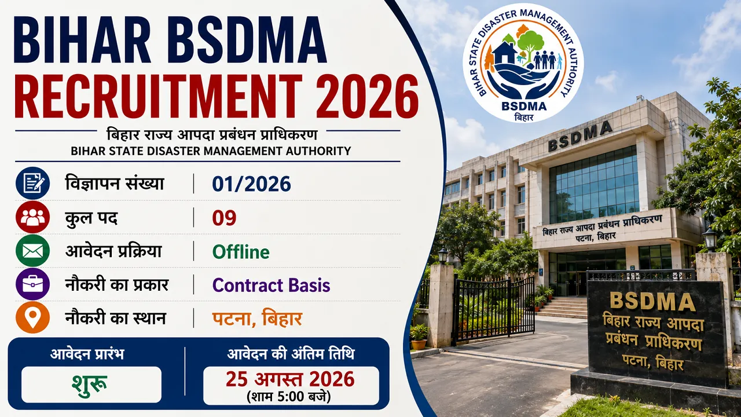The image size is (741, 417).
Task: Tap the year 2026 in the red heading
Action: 367,96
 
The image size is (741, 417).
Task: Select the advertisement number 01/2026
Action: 251,184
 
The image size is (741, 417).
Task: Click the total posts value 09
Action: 224,218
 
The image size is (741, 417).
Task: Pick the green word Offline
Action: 241,252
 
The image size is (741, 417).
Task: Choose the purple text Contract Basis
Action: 272,286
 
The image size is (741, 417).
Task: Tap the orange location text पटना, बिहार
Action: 257,319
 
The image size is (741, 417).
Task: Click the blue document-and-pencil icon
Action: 32,184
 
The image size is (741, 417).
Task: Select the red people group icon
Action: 32,217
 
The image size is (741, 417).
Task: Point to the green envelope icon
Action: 32,251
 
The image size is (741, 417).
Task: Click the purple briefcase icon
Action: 32,284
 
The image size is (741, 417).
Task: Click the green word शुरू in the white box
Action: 89,383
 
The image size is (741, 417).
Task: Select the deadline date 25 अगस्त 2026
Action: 290,379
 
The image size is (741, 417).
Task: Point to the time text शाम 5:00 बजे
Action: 288,397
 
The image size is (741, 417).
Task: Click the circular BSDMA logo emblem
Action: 524,63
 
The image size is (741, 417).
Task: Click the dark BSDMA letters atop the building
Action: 580,136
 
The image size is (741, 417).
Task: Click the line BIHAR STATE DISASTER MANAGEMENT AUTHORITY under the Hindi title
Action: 211,151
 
